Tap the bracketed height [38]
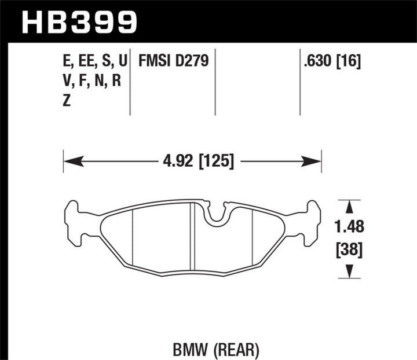coord(349,249)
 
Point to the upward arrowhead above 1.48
coord(349,205)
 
